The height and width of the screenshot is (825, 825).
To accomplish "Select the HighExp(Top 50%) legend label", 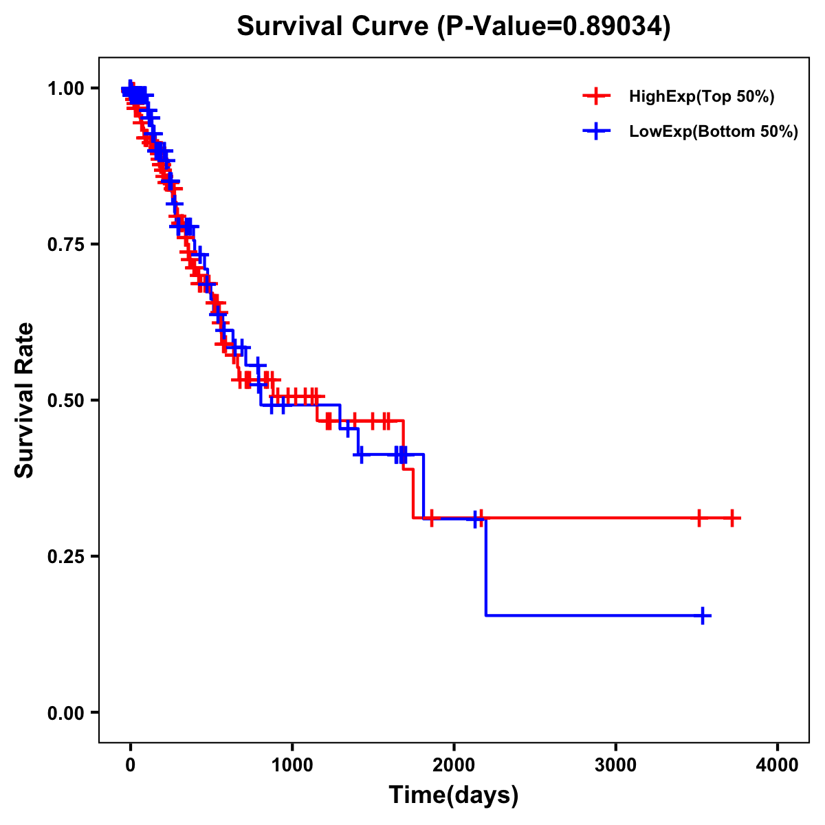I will [701, 97].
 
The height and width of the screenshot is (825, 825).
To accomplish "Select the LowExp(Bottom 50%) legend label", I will [714, 132].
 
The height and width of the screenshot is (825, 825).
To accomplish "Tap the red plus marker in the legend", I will [596, 97].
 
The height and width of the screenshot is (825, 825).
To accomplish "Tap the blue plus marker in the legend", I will [596, 131].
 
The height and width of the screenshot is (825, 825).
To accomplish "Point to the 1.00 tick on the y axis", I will [66, 89].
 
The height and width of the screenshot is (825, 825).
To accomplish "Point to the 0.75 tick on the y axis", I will [66, 245].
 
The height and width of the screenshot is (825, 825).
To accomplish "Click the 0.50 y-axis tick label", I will [66, 401].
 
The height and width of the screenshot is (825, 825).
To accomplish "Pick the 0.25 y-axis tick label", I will [66, 557].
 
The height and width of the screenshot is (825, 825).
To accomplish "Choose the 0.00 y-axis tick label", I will [66, 713].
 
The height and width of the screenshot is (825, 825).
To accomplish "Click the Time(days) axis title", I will [454, 795].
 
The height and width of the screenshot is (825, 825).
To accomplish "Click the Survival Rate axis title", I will [25, 400].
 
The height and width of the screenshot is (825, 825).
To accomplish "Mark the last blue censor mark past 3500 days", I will [703, 615].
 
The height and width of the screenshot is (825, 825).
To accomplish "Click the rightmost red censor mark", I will [732, 518].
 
